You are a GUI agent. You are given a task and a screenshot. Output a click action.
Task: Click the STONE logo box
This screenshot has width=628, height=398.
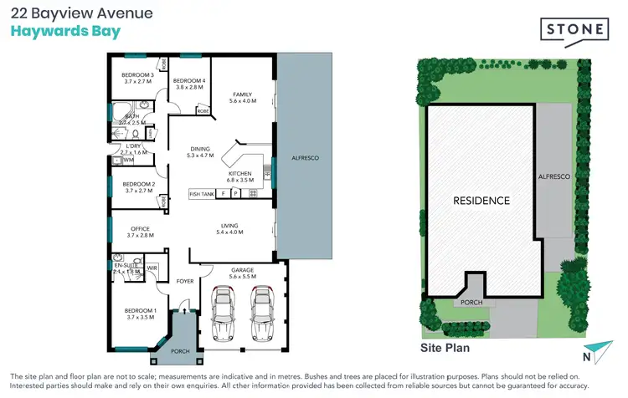pos(576,29)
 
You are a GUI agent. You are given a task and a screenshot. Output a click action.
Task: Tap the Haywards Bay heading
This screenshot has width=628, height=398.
pos(65,32)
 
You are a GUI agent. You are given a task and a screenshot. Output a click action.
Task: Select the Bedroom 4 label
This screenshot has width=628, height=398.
pos(189,83)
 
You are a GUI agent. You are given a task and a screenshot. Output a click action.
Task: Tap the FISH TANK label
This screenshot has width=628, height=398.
pos(203,194)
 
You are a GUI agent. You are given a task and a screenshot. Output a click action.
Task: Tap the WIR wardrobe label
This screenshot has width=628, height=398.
pos(152,268)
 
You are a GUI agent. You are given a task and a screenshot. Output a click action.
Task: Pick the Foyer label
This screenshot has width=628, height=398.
pos(185,281)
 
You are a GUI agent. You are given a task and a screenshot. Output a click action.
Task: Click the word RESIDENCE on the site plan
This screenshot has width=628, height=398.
pos(481,201)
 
